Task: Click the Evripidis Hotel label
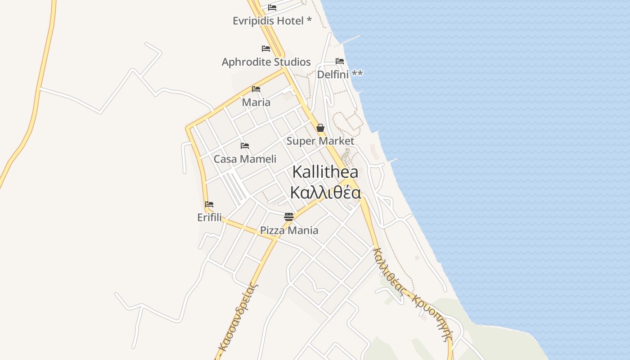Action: click(x=272, y=21)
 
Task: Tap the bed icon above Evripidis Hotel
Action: click(x=272, y=7)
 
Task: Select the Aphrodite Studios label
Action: click(x=266, y=62)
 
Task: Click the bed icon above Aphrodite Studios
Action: click(x=266, y=48)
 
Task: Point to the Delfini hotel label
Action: click(x=340, y=74)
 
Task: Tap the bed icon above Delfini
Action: click(x=340, y=61)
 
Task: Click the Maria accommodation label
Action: click(x=256, y=102)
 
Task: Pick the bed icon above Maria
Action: click(x=256, y=89)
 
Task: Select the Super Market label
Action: click(x=320, y=141)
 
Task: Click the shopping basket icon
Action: click(x=320, y=128)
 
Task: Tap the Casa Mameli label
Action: click(x=245, y=159)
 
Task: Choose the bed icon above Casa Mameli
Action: click(x=245, y=146)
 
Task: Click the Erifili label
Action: click(x=209, y=217)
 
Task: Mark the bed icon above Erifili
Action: click(x=209, y=204)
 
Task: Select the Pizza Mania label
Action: click(x=289, y=230)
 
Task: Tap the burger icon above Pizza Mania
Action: click(x=289, y=217)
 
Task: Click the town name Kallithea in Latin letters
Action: click(x=325, y=171)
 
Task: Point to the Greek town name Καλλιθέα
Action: click(x=325, y=192)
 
